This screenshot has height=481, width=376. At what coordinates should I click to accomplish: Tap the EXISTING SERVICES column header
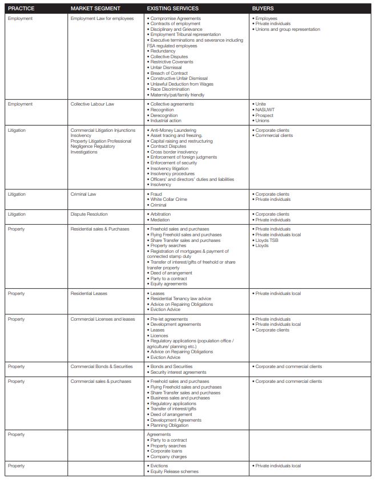(x=172, y=9)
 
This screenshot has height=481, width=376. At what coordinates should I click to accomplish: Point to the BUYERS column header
(x=263, y=9)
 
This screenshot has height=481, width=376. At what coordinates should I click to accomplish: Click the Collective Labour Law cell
(x=92, y=104)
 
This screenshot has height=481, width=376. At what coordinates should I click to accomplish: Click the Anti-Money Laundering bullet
(x=173, y=131)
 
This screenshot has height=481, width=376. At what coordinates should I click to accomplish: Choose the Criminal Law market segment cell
(x=83, y=194)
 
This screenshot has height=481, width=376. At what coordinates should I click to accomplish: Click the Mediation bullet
(x=160, y=220)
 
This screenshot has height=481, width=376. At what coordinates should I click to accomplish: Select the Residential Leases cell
(x=89, y=293)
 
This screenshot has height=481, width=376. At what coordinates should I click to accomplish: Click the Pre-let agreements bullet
(x=169, y=319)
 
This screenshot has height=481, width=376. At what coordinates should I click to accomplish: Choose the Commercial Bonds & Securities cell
(x=102, y=367)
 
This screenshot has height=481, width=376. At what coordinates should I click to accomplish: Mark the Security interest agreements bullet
(x=178, y=372)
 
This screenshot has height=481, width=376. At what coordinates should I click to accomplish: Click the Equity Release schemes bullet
(x=175, y=472)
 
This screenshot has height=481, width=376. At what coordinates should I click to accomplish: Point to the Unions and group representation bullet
(x=288, y=29)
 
